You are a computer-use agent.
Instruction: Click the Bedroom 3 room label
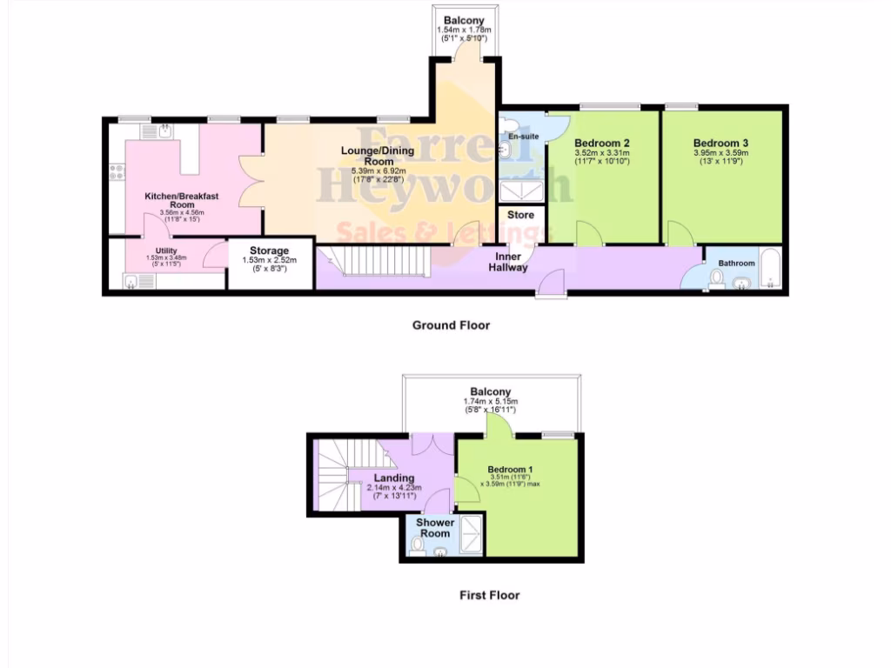pos(720,143)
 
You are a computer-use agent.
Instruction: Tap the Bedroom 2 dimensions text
pos(601,157)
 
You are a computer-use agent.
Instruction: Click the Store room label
pos(520,215)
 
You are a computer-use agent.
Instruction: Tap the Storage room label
pos(269,251)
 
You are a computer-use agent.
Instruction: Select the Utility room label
pos(165,251)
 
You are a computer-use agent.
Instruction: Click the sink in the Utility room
pos(133,281)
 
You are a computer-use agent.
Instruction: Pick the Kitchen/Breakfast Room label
pos(181,201)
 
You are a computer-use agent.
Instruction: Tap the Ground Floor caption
pos(451,325)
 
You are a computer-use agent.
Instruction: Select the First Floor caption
pos(489,596)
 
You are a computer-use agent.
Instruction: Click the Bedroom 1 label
pos(510,469)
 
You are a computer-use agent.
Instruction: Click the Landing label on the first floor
pos(393,478)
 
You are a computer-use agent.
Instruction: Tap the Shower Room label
pos(434,528)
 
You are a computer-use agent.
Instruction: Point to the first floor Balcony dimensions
pos(490,404)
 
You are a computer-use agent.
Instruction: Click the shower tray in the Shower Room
pos(472,532)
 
